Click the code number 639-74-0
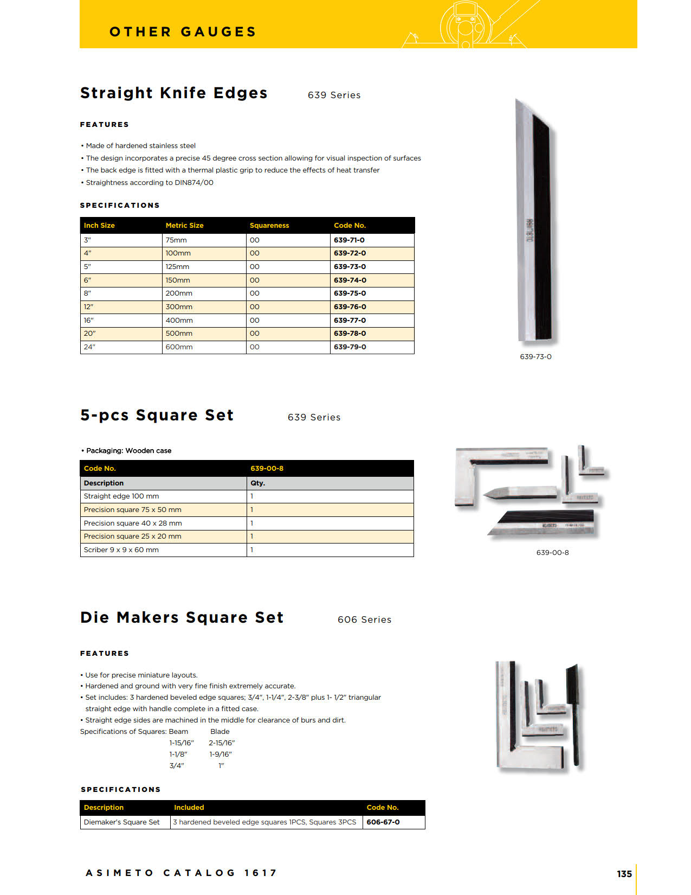(x=350, y=280)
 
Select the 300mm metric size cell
(x=179, y=306)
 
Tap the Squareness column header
(x=269, y=225)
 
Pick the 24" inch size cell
(x=89, y=347)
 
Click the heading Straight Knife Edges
(x=173, y=93)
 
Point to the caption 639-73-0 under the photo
(x=535, y=356)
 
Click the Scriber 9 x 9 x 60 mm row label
(x=121, y=549)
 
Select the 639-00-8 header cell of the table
(x=267, y=468)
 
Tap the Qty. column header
(x=257, y=483)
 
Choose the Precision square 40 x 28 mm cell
(x=133, y=523)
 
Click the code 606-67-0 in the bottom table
(x=383, y=822)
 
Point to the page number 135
(x=624, y=874)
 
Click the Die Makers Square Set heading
(x=182, y=618)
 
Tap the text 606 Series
(x=364, y=619)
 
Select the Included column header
(x=189, y=807)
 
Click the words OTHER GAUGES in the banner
(x=183, y=32)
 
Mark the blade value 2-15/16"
(x=222, y=743)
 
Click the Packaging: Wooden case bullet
(x=128, y=450)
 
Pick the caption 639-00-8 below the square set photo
(x=552, y=552)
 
